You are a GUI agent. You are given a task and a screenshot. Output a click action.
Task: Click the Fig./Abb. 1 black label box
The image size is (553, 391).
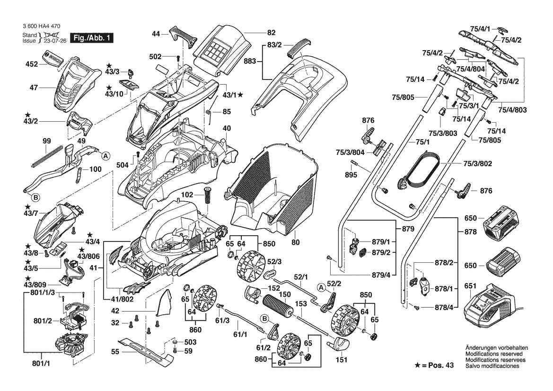[91, 38]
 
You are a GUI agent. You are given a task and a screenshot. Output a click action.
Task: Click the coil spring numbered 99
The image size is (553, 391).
[48, 155]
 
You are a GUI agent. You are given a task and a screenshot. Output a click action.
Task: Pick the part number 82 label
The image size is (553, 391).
[271, 33]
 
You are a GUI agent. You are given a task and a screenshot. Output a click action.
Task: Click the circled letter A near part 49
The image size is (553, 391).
[106, 155]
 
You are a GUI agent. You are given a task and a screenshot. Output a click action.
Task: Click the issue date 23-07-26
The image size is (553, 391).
[54, 41]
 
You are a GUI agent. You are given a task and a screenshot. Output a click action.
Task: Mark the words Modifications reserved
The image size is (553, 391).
[494, 354]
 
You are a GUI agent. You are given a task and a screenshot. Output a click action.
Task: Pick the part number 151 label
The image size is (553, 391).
[341, 359]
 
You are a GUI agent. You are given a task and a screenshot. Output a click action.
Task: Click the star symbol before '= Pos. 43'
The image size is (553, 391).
[417, 366]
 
